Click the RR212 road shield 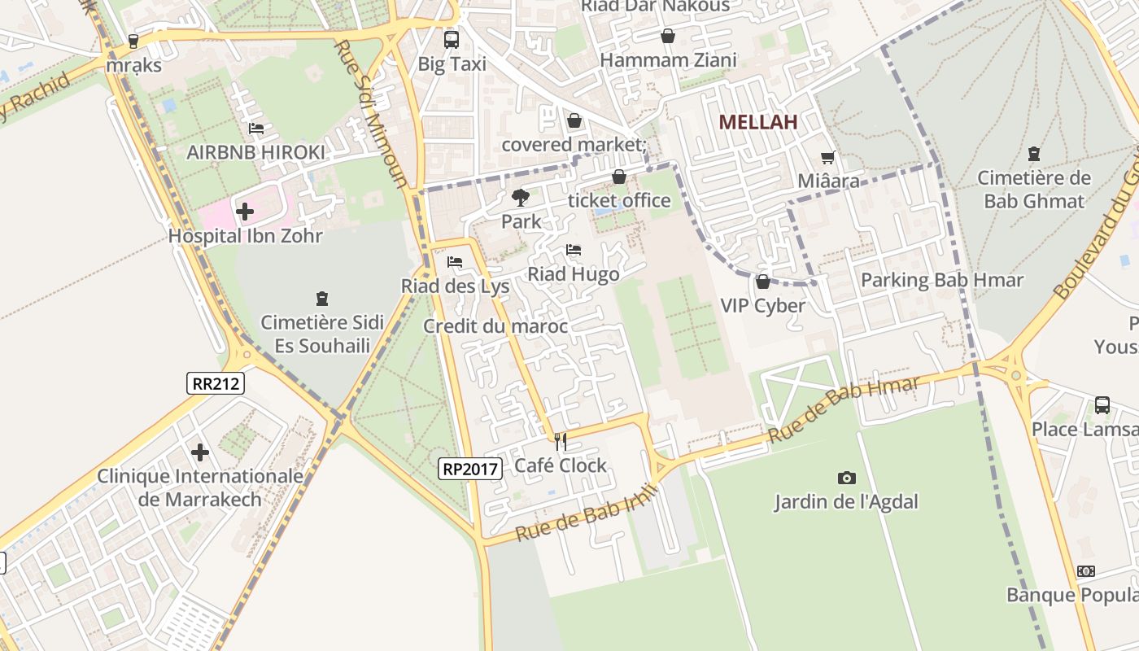216,382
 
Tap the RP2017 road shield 469,468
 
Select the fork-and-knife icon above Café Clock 560,441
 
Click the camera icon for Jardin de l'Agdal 846,478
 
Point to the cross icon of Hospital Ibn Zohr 244,212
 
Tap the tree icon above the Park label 520,197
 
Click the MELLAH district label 757,122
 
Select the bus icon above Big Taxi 451,39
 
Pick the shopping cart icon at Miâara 827,157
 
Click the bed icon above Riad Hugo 574,250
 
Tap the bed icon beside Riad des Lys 455,262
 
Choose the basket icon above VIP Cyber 762,282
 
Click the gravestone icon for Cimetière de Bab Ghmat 1033,153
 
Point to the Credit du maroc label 495,326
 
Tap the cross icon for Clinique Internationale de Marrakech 200,452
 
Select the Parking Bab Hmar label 941,280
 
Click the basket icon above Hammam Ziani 668,36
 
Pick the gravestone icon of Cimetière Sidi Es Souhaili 321,299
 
